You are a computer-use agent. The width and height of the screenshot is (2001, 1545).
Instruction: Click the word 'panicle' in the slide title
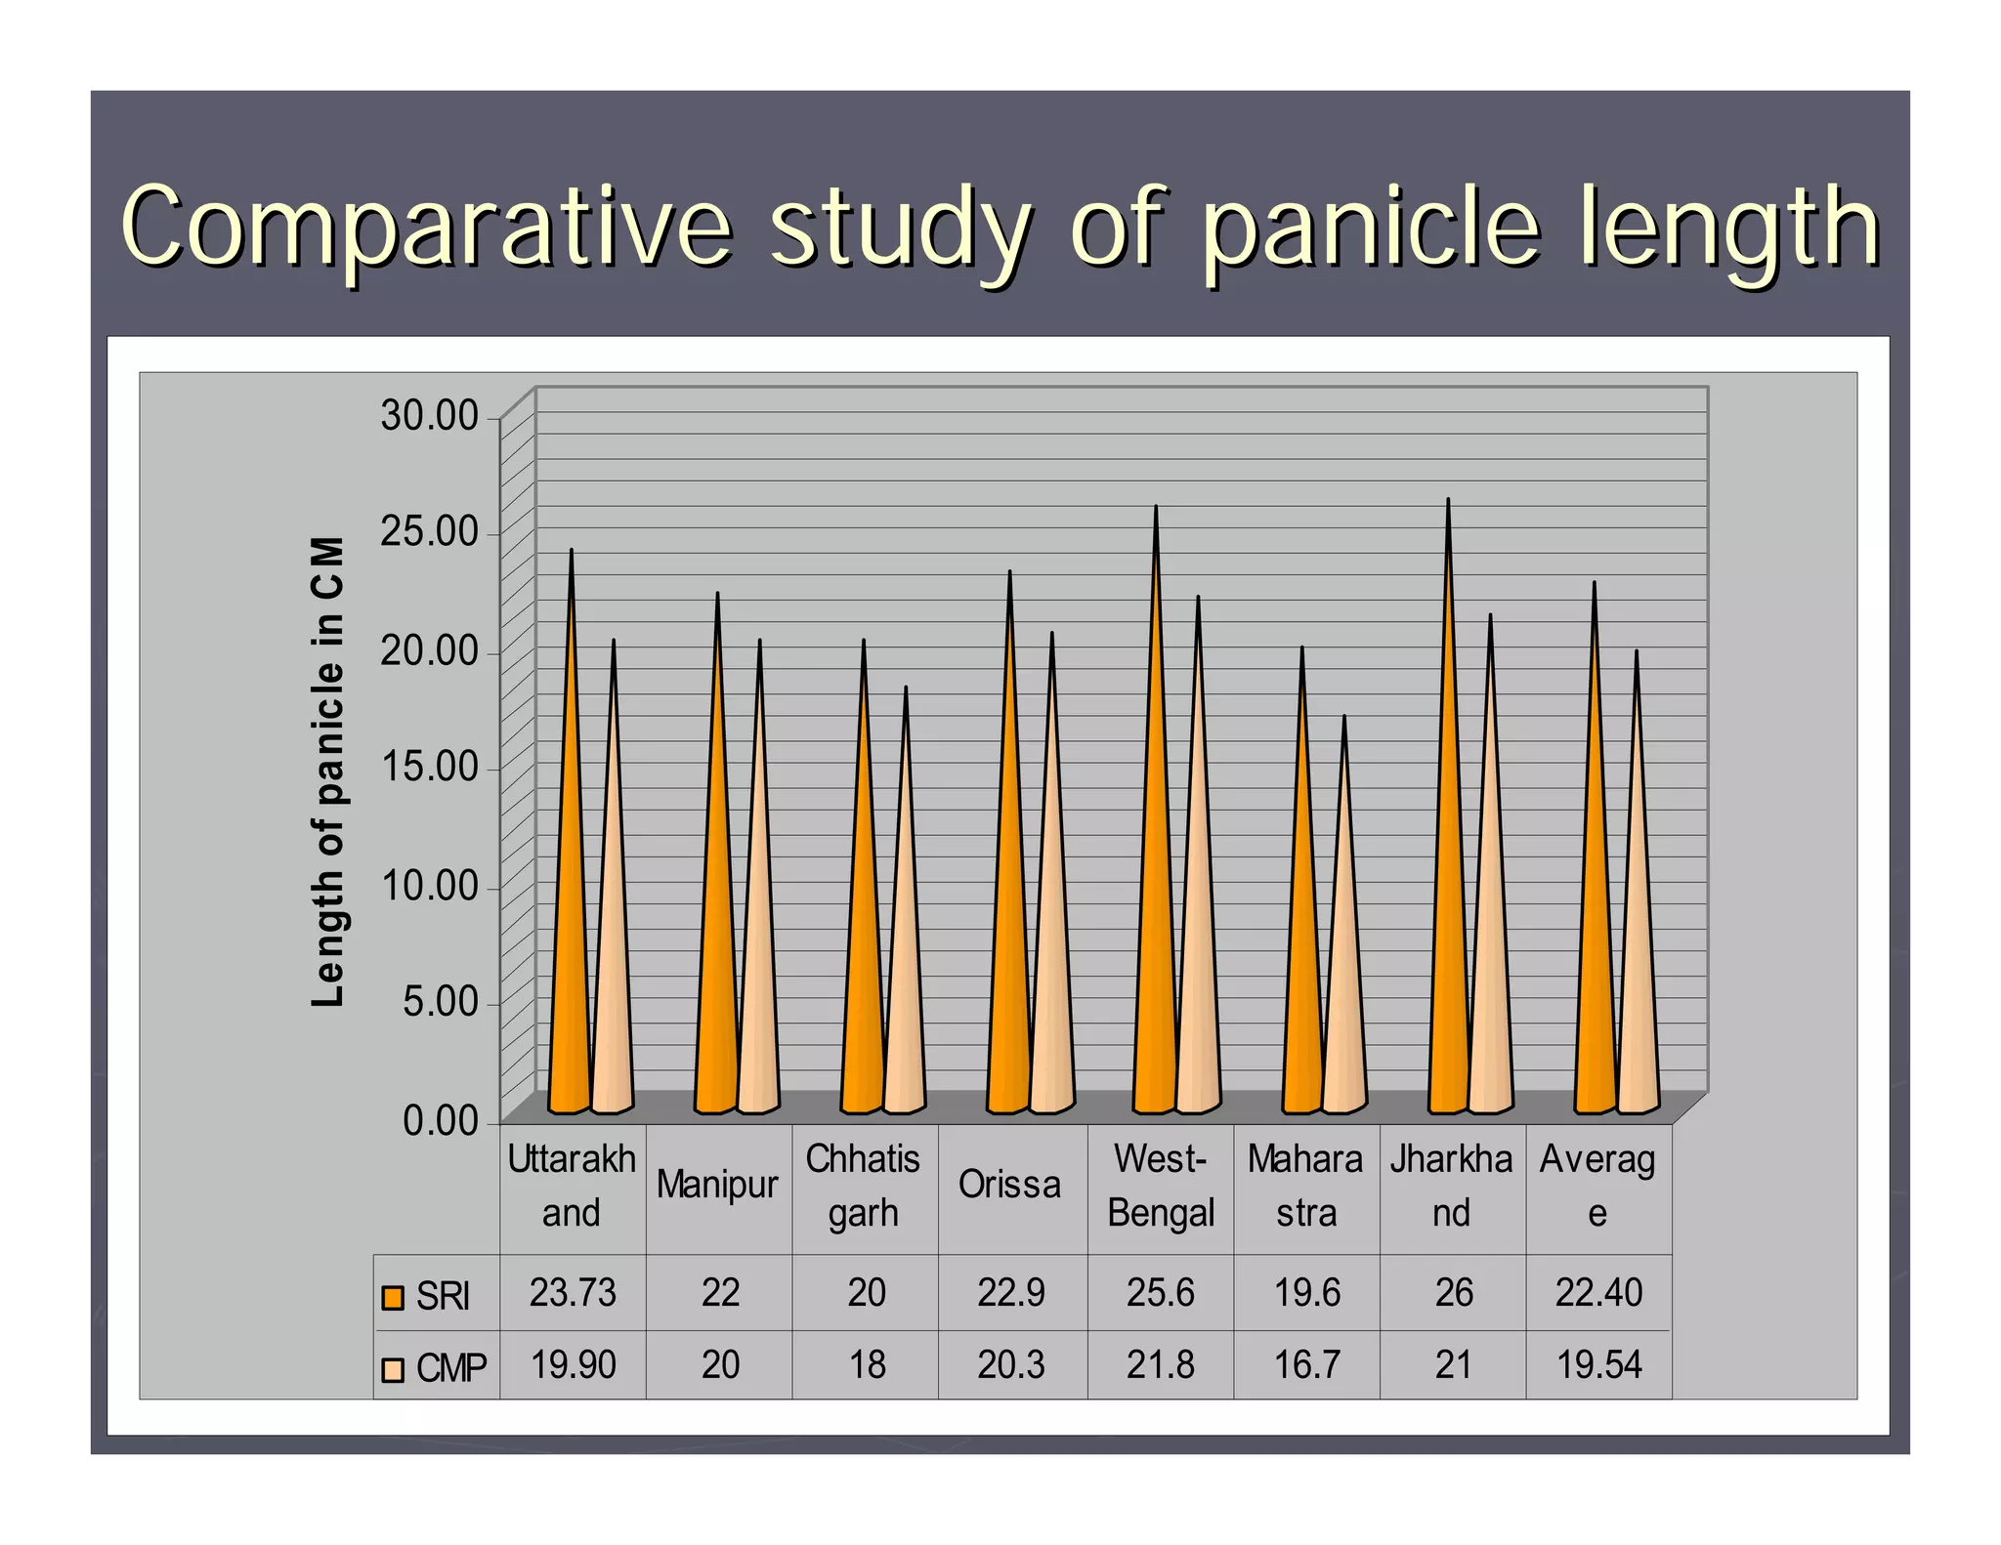tap(1371, 229)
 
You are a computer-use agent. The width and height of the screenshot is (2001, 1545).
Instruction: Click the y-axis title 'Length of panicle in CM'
tap(328, 772)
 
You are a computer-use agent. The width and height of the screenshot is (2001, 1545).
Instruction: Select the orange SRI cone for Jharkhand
tap(1448, 879)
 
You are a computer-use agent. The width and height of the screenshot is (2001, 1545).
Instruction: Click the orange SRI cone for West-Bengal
tap(1155, 879)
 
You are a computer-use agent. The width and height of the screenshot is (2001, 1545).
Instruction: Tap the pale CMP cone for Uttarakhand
tap(613, 928)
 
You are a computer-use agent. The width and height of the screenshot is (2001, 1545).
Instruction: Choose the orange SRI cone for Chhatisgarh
tap(863, 928)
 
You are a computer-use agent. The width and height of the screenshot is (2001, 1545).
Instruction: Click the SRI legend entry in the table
tap(427, 1296)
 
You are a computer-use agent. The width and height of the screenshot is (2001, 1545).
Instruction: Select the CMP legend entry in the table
tap(434, 1367)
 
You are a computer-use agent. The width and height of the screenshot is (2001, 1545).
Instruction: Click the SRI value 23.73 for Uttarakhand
tap(573, 1293)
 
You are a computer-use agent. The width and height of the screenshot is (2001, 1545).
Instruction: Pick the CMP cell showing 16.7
tap(1306, 1364)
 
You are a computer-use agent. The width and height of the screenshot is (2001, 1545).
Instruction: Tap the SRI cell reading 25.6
tap(1160, 1293)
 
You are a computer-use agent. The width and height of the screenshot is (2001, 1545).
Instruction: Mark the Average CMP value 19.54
tap(1598, 1364)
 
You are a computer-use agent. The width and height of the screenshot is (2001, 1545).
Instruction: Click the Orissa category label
tap(1009, 1185)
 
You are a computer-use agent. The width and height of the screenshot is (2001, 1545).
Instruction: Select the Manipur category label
tap(717, 1185)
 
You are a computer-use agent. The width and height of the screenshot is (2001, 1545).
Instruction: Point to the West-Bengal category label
tap(1160, 1186)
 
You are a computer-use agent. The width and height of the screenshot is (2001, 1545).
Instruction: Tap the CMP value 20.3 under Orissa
tap(1011, 1364)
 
